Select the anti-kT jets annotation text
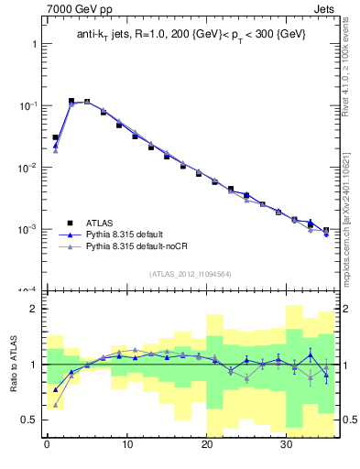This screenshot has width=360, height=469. click(191, 34)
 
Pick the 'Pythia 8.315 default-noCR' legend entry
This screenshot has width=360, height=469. click(143, 248)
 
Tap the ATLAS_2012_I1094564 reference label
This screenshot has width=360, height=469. click(191, 273)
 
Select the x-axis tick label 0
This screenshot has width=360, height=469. click(47, 446)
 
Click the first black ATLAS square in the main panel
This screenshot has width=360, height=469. click(55, 137)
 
